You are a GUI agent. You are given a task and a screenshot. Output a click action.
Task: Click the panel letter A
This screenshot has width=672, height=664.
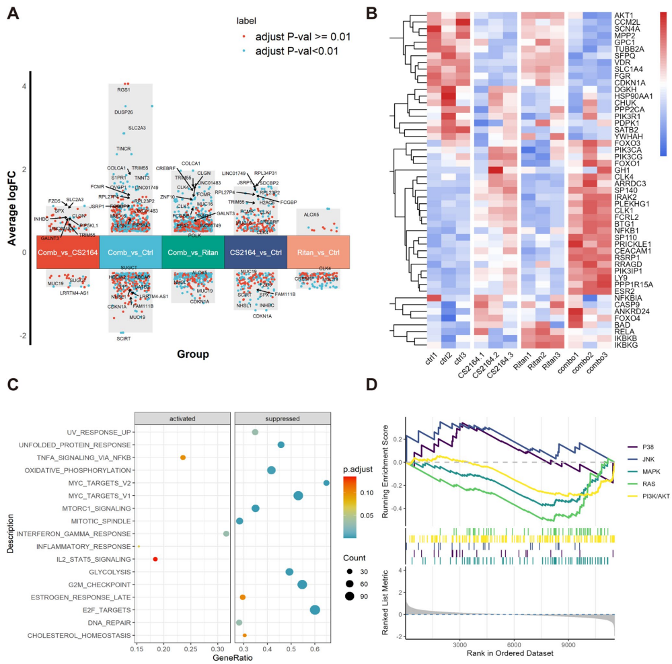coord(11,13)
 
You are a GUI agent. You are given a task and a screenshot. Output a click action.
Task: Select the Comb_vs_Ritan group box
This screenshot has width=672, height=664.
coord(192,252)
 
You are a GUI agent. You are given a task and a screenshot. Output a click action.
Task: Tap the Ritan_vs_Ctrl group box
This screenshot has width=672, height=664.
coord(319,252)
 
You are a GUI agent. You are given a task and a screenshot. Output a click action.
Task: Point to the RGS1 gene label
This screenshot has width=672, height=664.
coord(123,89)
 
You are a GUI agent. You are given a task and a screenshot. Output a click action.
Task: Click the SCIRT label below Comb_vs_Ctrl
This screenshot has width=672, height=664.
coord(123,339)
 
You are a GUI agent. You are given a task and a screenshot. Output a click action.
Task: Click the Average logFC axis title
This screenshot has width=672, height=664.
coord(11,205)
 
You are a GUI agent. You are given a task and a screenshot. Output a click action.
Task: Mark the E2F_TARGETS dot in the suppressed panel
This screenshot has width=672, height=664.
coord(315,610)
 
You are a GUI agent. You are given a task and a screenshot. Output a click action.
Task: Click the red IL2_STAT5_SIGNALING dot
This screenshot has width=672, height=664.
coord(155,559)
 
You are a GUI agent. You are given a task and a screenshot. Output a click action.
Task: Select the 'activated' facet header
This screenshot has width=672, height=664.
coord(182,418)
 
